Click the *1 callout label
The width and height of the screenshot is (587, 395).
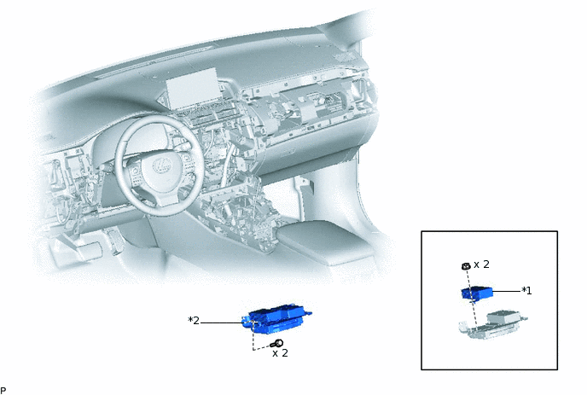tap(526, 291)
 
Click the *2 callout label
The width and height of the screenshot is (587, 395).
tap(194, 321)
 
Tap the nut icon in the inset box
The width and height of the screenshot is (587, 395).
tap(466, 266)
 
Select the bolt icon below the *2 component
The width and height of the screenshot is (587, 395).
tap(277, 343)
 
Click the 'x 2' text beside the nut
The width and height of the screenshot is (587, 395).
tap(481, 264)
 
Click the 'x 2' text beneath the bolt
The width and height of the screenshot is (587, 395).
tap(280, 353)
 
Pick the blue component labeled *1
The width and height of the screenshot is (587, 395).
tap(477, 293)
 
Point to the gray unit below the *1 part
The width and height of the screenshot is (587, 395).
tap(492, 324)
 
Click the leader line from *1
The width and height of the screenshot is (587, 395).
tap(507, 291)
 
